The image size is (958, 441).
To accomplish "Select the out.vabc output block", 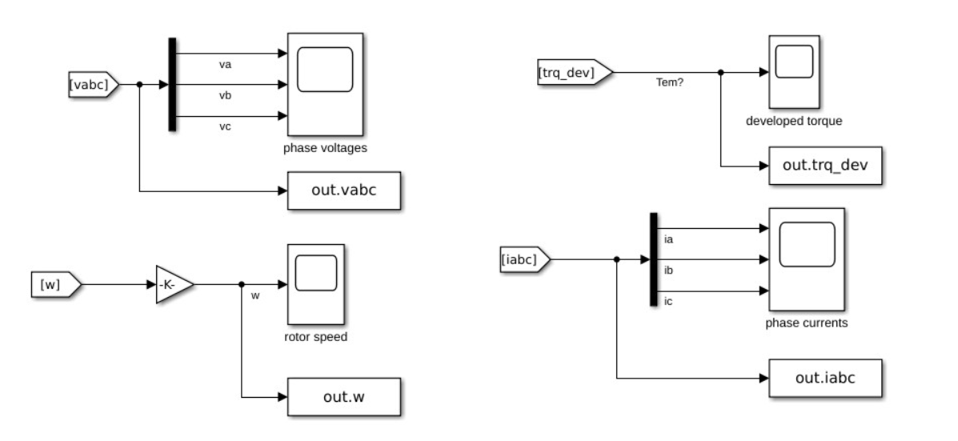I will pos(343,190).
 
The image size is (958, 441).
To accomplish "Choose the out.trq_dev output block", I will pos(824,166).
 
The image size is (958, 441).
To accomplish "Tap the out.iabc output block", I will pos(824,377).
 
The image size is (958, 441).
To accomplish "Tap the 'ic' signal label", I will pos(669,301).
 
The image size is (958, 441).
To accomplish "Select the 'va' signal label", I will pos(225,64).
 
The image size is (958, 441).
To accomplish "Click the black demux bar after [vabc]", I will pos(172,84).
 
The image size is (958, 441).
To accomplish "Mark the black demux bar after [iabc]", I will pos(654,259).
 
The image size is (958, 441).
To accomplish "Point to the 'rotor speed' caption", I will pos(316,337).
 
